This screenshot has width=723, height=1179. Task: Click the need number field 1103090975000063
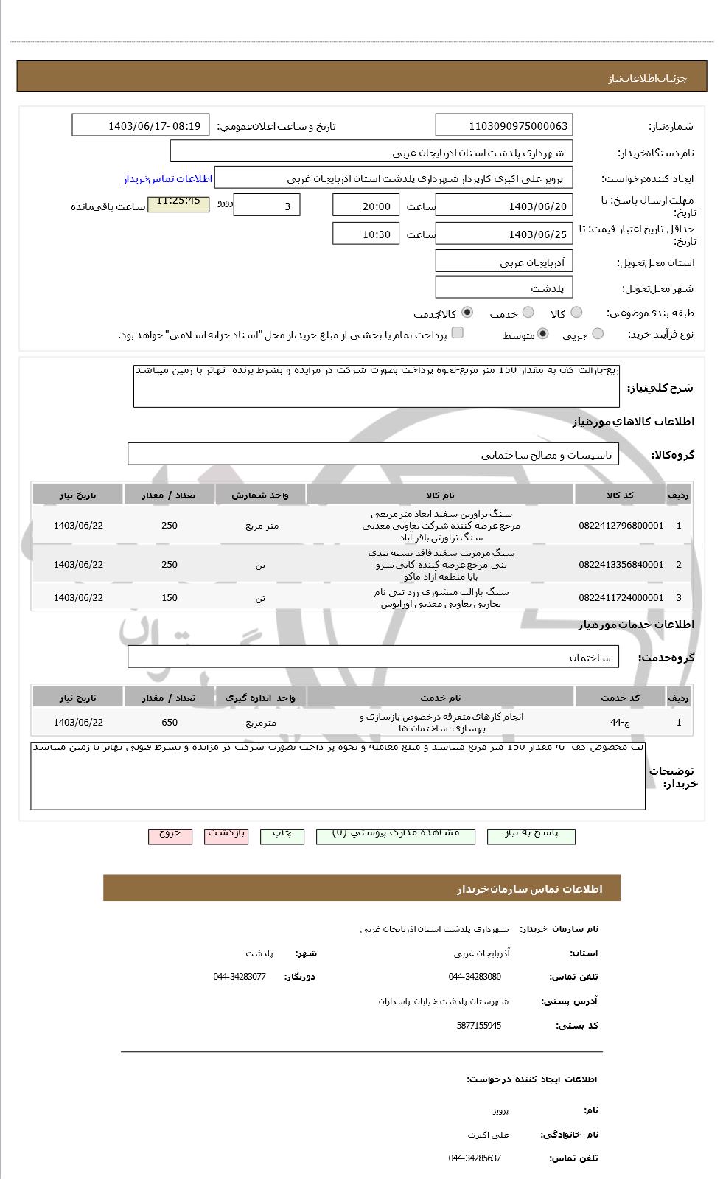click(x=503, y=125)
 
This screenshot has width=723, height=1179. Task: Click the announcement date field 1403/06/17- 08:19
click(x=141, y=125)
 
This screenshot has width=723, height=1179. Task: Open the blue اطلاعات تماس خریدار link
click(x=167, y=179)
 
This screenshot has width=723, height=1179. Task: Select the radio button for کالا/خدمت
click(x=467, y=313)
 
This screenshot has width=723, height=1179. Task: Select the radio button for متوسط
click(x=543, y=334)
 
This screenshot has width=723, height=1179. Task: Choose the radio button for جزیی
click(x=598, y=334)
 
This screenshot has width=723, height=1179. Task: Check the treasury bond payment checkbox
click(x=458, y=333)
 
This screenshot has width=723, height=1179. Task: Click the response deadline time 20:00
click(x=366, y=206)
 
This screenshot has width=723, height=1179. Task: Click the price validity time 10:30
click(x=366, y=234)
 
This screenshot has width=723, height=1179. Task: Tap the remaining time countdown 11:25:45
click(x=178, y=201)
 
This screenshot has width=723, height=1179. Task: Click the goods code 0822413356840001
click(x=621, y=565)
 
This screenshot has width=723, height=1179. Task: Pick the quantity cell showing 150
click(x=170, y=598)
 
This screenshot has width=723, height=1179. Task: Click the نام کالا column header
click(x=440, y=495)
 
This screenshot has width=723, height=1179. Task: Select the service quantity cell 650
click(x=170, y=723)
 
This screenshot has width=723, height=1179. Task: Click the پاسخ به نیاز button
click(x=531, y=834)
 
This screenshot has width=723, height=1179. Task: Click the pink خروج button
click(x=170, y=834)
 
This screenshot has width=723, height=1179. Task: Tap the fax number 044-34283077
click(x=240, y=977)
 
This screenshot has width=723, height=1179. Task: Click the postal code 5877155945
click(x=478, y=1026)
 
